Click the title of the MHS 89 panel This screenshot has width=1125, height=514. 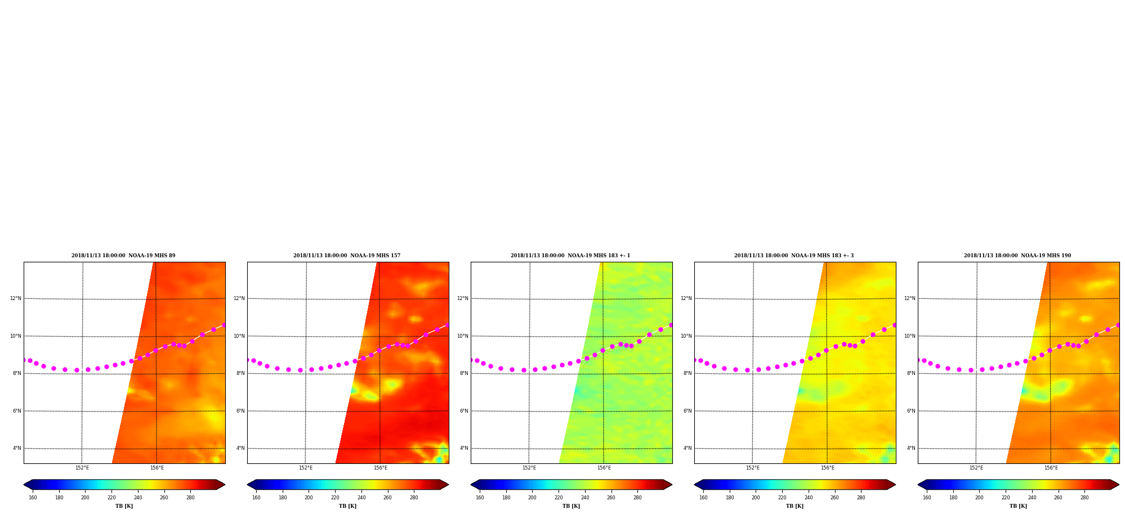[123, 256]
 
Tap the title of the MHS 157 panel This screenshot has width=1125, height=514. [347, 256]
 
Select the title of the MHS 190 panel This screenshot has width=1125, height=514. [1017, 256]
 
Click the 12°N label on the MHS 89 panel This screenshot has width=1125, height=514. [16, 298]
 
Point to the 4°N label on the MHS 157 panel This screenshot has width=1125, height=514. [240, 448]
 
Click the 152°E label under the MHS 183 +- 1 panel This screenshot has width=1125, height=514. [529, 468]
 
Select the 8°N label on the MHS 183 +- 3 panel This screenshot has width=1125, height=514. [687, 373]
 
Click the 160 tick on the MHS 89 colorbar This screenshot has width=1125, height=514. [33, 498]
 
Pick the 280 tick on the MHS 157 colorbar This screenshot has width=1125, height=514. [414, 498]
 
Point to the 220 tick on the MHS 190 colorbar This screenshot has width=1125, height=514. [1006, 498]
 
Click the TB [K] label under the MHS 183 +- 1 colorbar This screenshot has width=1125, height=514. [571, 506]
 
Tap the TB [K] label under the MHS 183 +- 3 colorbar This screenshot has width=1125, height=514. [794, 506]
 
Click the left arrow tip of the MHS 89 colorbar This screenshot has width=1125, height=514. [24, 484]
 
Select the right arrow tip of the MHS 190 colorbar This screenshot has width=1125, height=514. [1119, 484]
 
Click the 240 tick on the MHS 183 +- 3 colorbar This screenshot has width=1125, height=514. [809, 498]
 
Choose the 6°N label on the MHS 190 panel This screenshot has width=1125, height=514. [911, 411]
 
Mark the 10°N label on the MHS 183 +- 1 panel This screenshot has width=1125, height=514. [463, 336]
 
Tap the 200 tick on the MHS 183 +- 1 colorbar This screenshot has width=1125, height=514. [532, 498]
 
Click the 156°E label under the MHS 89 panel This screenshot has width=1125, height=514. [157, 468]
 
